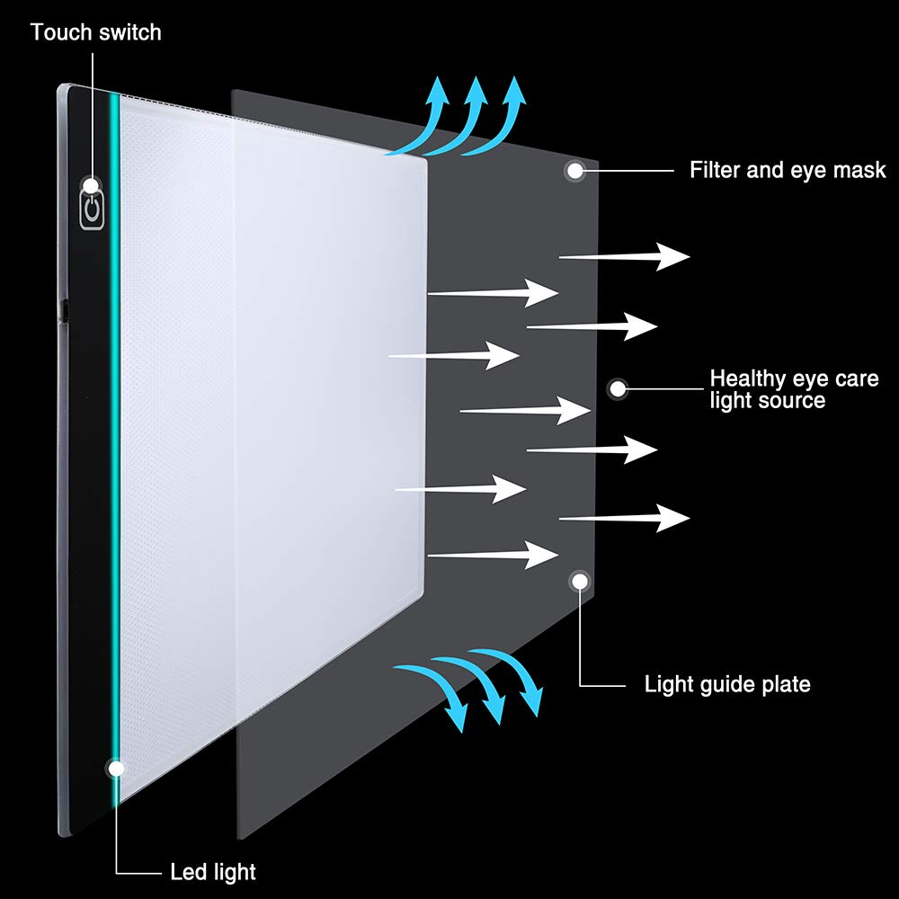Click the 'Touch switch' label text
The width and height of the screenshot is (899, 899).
[96, 32]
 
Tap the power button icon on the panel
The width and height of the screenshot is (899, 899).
[92, 209]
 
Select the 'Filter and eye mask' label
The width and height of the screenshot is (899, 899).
[788, 170]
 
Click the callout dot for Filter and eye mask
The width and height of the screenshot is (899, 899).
[574, 170]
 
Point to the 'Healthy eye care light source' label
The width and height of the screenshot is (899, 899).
[794, 389]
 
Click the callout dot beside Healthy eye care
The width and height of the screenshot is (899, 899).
[618, 388]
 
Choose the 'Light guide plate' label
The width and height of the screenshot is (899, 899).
[727, 684]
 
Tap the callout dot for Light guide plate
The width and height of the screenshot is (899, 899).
[580, 581]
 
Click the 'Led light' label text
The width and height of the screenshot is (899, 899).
[213, 872]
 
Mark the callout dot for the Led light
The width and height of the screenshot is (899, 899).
[116, 769]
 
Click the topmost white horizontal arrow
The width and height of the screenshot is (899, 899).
[625, 257]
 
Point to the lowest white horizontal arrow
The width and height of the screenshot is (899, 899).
[493, 555]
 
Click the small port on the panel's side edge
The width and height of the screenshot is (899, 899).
[65, 309]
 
